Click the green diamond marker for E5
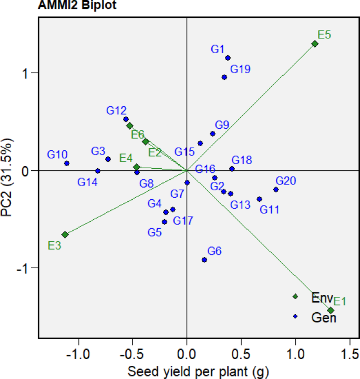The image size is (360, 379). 315,44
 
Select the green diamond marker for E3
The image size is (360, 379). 65,234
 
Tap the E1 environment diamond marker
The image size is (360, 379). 331,310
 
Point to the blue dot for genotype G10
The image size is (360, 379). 67,163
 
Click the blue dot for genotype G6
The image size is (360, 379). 204,260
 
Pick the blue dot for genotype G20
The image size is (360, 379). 276,189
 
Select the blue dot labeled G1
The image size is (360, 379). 228,58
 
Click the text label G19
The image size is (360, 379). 240,69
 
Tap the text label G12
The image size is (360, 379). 116,110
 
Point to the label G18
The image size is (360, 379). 242,160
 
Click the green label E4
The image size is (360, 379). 126,158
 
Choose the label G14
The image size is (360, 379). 88,182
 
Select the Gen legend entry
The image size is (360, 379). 323,317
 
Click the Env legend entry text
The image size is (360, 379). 321,296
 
